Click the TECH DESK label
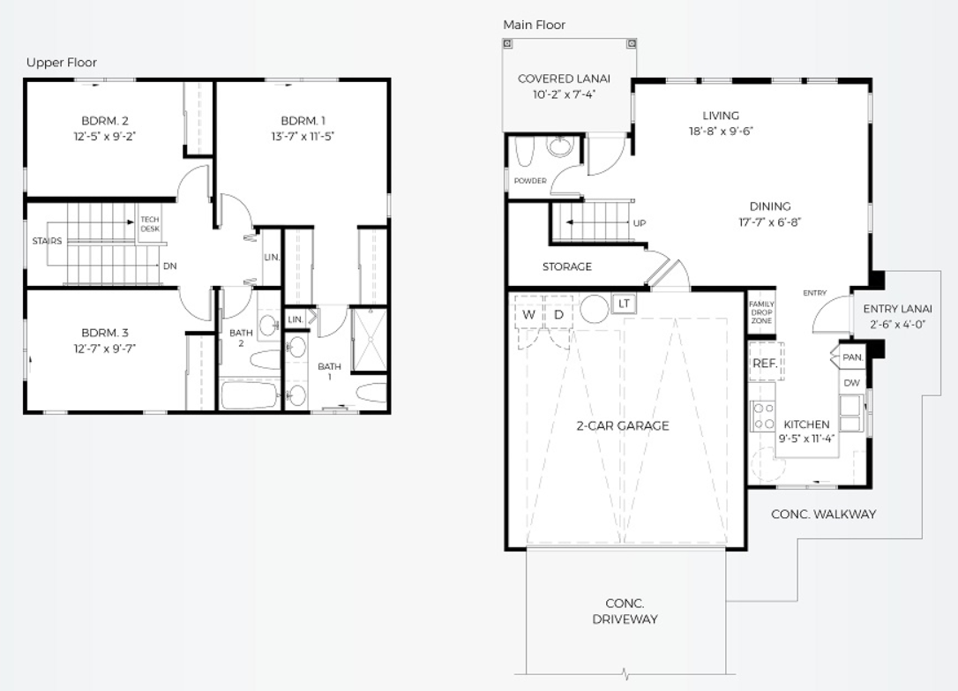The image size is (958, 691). tap(150, 223)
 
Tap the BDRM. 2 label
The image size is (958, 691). tap(104, 120)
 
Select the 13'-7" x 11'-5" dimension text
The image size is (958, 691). tap(303, 136)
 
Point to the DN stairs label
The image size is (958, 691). tap(170, 266)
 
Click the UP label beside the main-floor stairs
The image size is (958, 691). tap(639, 223)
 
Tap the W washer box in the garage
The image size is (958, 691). tap(529, 315)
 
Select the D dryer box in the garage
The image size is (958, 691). tap(558, 315)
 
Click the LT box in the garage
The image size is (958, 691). tap(624, 304)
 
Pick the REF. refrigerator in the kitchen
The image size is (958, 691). tap(764, 363)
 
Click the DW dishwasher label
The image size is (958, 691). tap(851, 383)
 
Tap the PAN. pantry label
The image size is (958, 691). tap(852, 357)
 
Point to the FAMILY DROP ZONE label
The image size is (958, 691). tap(761, 312)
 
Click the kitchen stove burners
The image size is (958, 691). tap(762, 416)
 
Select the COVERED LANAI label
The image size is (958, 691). tap(564, 79)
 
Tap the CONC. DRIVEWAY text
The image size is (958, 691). tap(625, 611)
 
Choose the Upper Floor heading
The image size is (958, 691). tap(61, 63)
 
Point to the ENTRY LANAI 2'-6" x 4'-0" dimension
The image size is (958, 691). tap(897, 325)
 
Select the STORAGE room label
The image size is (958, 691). tap(567, 267)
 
